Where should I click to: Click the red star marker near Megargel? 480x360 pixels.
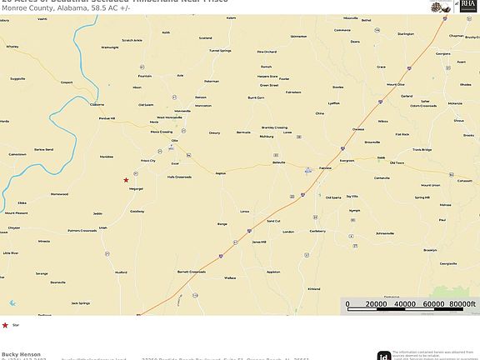[x=126, y=180]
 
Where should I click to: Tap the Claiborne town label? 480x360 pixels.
[x=97, y=104]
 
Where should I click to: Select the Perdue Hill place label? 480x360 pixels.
[x=107, y=117]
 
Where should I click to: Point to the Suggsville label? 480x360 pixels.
[x=17, y=79]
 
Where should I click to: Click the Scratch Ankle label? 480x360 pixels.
[x=132, y=40]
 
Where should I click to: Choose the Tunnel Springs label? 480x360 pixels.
[x=220, y=51]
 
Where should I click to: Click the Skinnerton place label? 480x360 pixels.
[x=298, y=37]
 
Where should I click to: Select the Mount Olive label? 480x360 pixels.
[x=395, y=84]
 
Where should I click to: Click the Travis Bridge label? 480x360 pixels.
[x=422, y=150]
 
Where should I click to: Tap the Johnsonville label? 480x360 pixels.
[x=385, y=233]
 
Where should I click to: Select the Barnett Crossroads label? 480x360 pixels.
[x=191, y=271]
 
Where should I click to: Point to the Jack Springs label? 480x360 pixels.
[x=80, y=303]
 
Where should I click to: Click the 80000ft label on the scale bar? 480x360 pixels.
[x=462, y=304]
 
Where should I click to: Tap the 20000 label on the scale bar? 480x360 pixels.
[x=376, y=304]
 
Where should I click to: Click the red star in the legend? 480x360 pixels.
[x=6, y=325]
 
